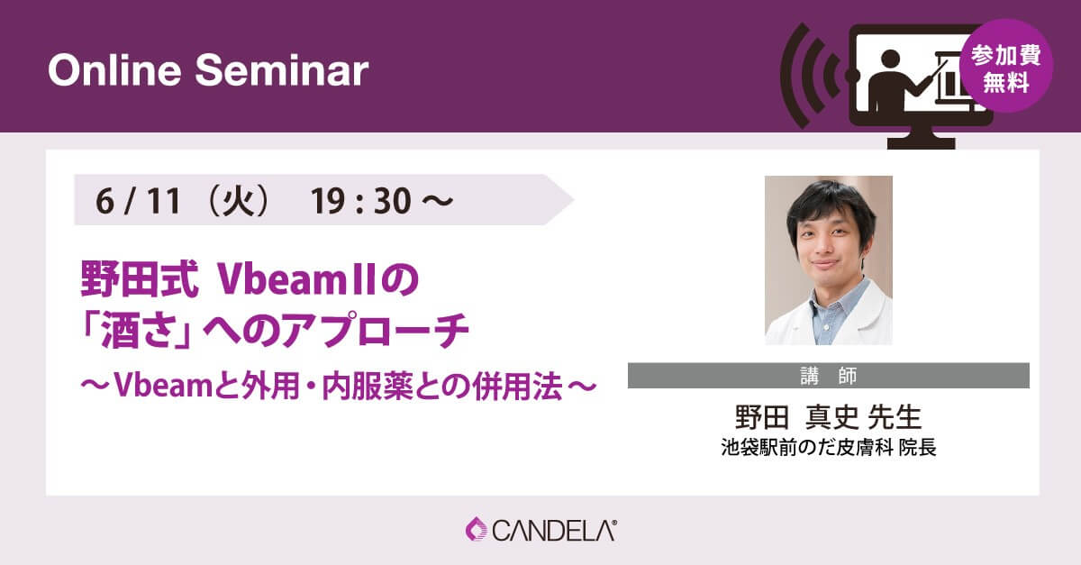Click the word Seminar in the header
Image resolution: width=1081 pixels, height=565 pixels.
282,70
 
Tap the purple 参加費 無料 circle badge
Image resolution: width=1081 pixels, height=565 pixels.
1006,66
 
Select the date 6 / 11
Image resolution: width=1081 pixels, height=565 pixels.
138,201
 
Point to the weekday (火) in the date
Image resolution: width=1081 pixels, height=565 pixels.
238,201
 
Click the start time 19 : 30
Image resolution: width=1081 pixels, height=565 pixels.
360,201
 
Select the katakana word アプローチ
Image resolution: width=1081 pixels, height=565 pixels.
375,331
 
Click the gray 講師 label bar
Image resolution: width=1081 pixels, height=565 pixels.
829,376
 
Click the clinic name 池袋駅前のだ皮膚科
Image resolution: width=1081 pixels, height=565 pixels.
807,448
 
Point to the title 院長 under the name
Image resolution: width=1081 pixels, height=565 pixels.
917,448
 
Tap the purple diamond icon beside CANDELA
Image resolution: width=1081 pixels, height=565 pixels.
477,529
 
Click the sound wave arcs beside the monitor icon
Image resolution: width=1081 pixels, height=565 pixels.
811,76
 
